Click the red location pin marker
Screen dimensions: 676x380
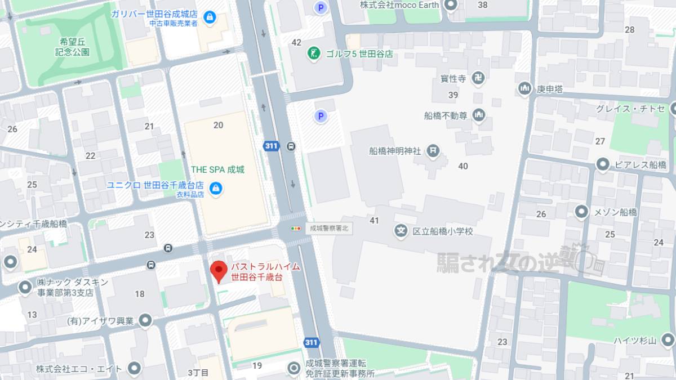coord(219,271)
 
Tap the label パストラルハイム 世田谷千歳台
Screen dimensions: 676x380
coord(265,271)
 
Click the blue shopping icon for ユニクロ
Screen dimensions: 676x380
coord(215,189)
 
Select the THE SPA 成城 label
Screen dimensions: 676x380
coord(217,169)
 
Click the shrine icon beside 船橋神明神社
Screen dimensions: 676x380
coord(433,150)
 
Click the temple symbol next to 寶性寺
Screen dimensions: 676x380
coord(479,78)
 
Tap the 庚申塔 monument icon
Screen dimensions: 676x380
coord(524,88)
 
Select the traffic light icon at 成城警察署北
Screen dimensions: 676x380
coord(296,229)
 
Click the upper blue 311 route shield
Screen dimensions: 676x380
coord(271,146)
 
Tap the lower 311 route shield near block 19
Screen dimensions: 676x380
coord(311,342)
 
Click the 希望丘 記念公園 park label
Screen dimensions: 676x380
coord(73,47)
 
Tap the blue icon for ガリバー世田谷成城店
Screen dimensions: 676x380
coord(210,17)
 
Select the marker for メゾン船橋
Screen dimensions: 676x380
coord(581,212)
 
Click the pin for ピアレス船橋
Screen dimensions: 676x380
coord(603,164)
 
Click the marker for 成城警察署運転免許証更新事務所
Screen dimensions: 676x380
coord(293,368)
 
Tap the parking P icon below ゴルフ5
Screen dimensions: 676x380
coord(320,117)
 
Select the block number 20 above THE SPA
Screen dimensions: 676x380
coord(219,125)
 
